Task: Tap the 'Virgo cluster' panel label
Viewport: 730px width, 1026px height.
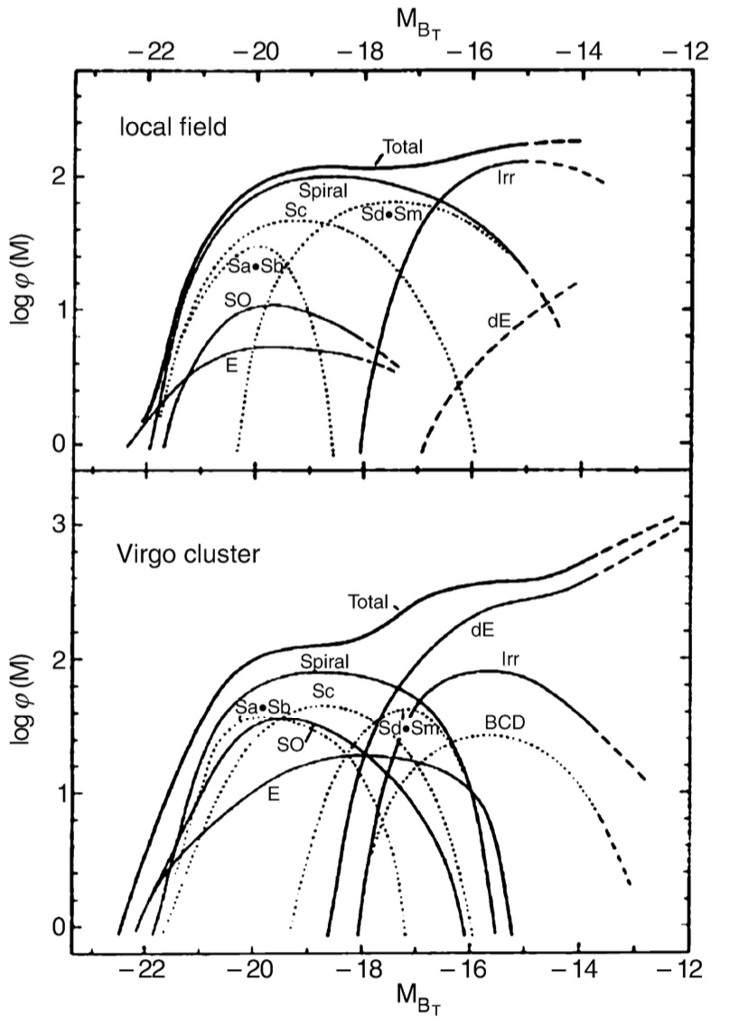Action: pyautogui.click(x=187, y=554)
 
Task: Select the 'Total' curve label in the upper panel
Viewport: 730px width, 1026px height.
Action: pyautogui.click(x=403, y=145)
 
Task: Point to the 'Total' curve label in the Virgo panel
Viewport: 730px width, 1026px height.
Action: pyautogui.click(x=368, y=601)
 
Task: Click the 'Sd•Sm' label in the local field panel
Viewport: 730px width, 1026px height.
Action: pyautogui.click(x=389, y=214)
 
